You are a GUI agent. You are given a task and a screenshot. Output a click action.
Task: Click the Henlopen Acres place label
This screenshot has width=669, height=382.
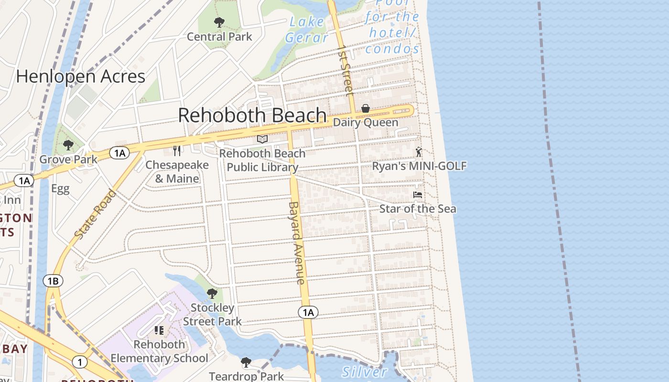click(x=81, y=76)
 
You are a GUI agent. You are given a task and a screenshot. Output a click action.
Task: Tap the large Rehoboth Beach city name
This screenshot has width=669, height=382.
click(x=252, y=116)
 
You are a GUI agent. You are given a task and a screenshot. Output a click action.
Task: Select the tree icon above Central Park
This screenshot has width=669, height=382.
click(x=219, y=22)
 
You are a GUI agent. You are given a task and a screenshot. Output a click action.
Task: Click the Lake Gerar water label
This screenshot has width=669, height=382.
click(x=306, y=30)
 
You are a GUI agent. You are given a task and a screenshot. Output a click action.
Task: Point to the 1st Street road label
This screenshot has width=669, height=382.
click(x=345, y=70)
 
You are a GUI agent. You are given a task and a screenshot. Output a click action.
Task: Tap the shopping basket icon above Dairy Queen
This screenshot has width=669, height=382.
click(x=366, y=108)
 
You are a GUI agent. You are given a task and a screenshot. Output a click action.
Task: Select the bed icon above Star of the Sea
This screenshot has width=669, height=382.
click(x=418, y=195)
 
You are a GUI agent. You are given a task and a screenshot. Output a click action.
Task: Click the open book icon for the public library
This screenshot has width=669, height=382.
click(x=262, y=139)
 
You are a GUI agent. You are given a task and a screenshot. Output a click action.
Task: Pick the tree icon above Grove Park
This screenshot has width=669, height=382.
click(x=68, y=145)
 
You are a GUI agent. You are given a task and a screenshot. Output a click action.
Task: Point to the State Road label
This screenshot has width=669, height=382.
click(x=96, y=214)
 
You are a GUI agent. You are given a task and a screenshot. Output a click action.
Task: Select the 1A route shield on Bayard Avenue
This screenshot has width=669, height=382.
click(x=308, y=312)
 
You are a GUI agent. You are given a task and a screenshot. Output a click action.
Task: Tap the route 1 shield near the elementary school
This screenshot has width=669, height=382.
click(x=79, y=362)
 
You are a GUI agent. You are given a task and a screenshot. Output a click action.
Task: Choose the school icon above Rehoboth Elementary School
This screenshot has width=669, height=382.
click(x=159, y=330)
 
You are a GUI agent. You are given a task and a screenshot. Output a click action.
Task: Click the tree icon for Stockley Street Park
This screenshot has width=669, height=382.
click(x=212, y=293)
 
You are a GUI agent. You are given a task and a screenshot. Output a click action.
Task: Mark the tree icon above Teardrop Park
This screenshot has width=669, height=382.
click(x=246, y=362)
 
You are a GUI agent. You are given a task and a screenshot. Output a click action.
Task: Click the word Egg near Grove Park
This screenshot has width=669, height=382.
click(x=61, y=189)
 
